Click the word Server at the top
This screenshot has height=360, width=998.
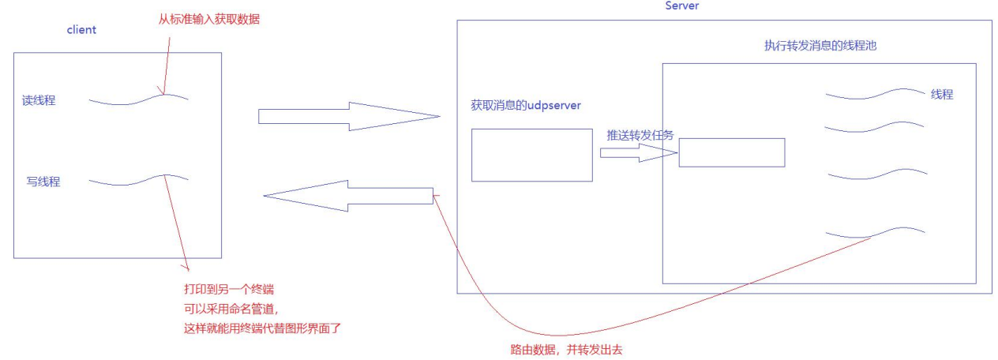click(x=682, y=6)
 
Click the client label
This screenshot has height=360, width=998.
click(x=81, y=30)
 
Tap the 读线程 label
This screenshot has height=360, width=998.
click(x=39, y=101)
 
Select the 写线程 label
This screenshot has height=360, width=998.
click(x=43, y=182)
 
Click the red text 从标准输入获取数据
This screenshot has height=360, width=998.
click(x=208, y=19)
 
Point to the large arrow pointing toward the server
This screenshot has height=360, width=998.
click(x=348, y=117)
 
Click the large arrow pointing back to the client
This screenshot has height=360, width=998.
click(x=347, y=196)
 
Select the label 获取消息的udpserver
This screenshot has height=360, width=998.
click(x=526, y=104)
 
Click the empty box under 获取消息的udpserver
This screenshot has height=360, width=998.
click(x=531, y=155)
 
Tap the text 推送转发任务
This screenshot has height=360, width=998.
click(x=640, y=135)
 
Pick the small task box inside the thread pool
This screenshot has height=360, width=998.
click(x=731, y=152)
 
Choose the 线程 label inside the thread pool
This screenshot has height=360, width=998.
click(x=941, y=94)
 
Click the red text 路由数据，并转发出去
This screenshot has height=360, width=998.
click(x=566, y=348)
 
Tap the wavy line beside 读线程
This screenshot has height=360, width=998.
click(x=138, y=99)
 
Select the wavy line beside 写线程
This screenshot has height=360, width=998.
click(x=138, y=181)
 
